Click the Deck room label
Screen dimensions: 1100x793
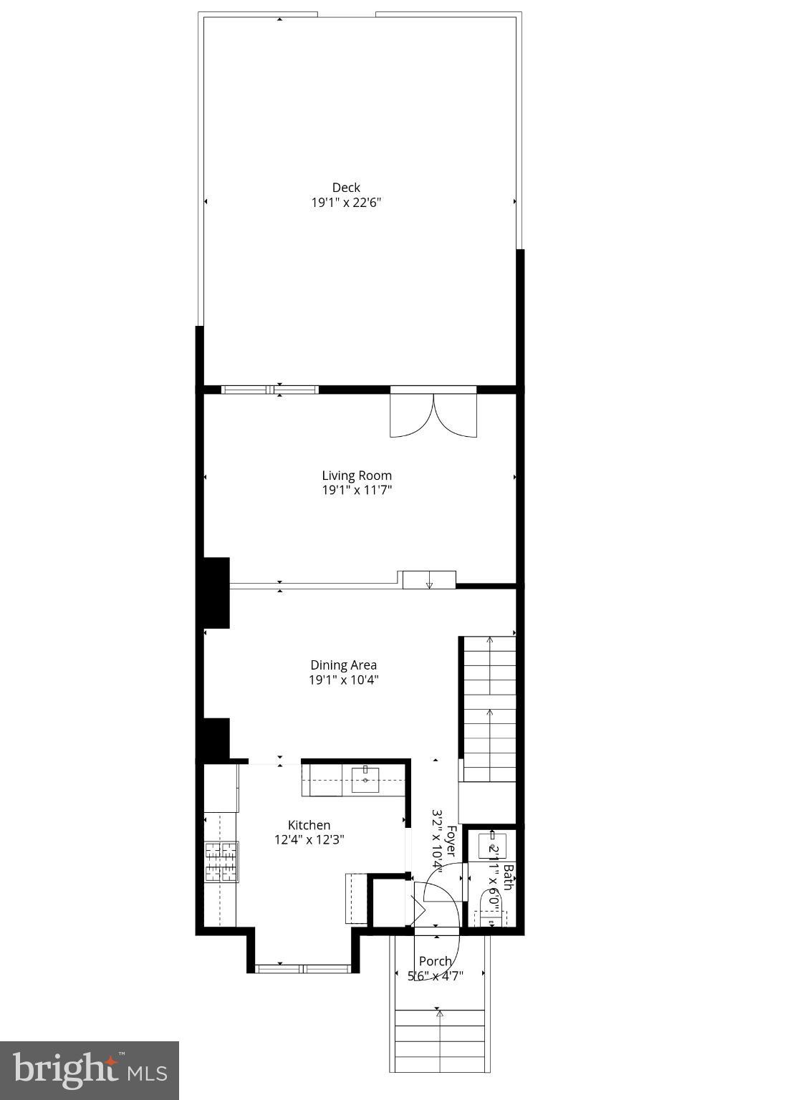346,188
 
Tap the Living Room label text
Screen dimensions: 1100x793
357,476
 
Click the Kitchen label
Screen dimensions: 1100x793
309,825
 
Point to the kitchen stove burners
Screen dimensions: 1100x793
221,862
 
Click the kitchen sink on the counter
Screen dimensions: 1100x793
365,780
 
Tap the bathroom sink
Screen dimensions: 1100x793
493,845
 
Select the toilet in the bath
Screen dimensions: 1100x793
490,910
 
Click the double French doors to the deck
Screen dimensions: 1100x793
433,413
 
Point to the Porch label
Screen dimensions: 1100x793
436,961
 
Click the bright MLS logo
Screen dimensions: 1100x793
90,1070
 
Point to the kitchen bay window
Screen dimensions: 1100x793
304,969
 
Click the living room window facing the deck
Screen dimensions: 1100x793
270,390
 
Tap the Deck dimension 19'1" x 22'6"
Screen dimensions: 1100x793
346,203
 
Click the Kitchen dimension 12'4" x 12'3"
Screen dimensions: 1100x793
309,840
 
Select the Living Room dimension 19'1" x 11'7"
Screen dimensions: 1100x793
357,491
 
